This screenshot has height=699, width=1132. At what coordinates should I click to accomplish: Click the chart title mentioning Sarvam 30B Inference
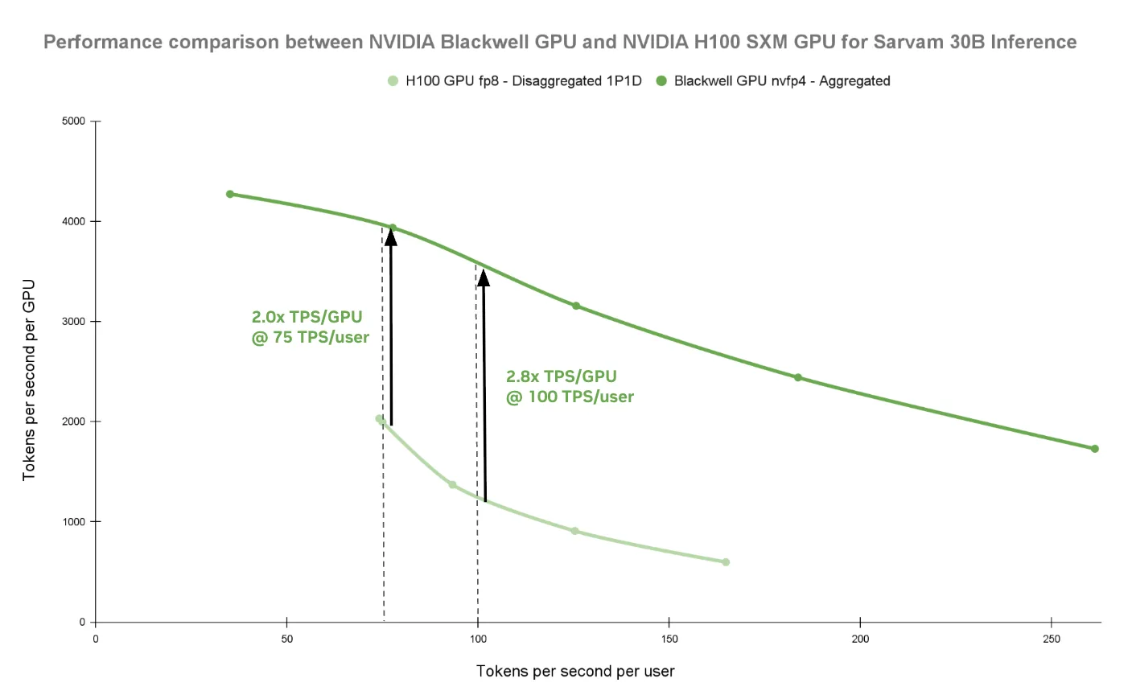click(x=560, y=42)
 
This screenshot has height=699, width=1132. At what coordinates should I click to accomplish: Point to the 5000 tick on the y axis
click(x=73, y=121)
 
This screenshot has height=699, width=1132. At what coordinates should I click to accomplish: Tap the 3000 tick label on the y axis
click(x=73, y=322)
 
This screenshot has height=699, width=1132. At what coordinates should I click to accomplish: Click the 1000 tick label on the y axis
click(x=73, y=522)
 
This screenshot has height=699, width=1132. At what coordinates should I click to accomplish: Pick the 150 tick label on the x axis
click(x=669, y=639)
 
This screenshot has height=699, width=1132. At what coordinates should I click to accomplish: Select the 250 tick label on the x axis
click(x=1052, y=639)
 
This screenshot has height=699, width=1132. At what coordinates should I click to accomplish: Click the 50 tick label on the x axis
click(x=287, y=639)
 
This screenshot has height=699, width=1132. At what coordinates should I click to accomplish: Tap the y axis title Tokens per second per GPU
click(x=29, y=380)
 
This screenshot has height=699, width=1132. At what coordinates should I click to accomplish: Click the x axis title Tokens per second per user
click(x=575, y=672)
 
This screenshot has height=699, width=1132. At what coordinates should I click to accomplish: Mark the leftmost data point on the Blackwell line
click(x=230, y=194)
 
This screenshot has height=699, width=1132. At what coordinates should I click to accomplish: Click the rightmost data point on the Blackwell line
click(x=1095, y=449)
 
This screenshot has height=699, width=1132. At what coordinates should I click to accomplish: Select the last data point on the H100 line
click(x=726, y=562)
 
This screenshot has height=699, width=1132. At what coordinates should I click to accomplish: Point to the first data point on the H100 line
click(x=379, y=418)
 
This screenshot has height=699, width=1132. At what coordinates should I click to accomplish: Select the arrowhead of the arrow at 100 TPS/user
click(x=484, y=278)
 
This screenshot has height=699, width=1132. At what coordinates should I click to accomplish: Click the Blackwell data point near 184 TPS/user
click(x=798, y=377)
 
